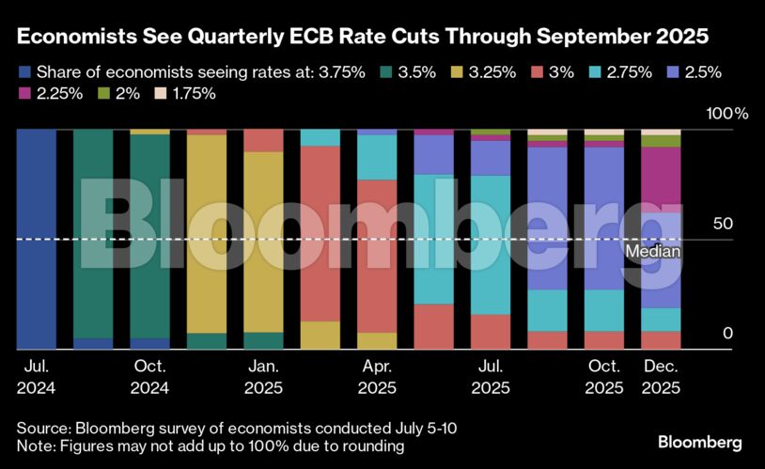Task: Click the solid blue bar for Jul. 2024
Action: coord(37,239)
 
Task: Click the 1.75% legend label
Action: coord(195,93)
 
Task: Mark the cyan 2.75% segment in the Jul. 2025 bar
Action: coord(491,244)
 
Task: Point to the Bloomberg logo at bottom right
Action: coord(700,441)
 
